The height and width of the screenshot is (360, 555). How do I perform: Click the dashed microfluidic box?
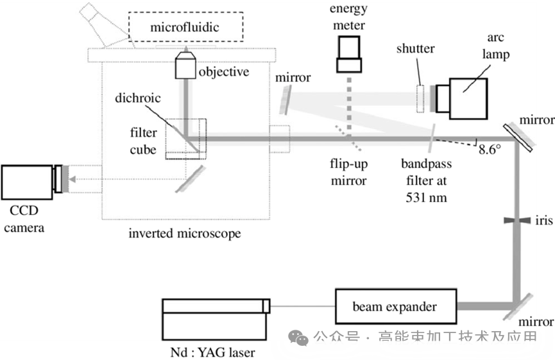coord(185,28)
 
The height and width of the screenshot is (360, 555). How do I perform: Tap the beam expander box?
coord(395,307)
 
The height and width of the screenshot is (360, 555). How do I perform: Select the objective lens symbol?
coord(185,65)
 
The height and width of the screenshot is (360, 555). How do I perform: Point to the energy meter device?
coord(349,53)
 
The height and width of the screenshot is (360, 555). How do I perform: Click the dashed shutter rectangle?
coord(421,98)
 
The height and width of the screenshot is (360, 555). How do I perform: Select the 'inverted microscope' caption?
coord(185,233)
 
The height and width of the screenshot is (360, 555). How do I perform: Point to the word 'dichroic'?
coord(137,99)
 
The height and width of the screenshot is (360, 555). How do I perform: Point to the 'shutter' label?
coord(415,49)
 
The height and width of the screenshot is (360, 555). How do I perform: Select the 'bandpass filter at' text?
coord(426,172)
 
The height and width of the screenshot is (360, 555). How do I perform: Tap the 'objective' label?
coord(223,71)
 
